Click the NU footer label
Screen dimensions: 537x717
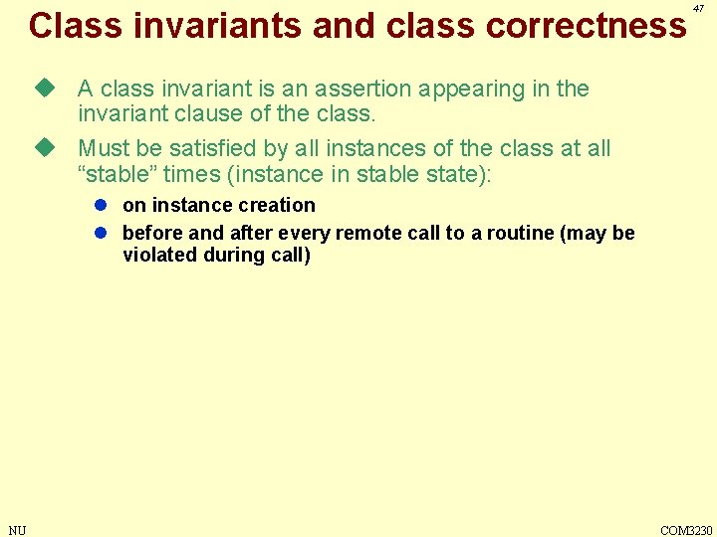(17, 530)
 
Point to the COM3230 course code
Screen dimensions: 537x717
(687, 530)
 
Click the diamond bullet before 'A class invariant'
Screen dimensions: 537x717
(42, 89)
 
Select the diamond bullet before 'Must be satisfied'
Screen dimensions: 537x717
(42, 148)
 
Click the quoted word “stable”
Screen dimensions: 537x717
(115, 174)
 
